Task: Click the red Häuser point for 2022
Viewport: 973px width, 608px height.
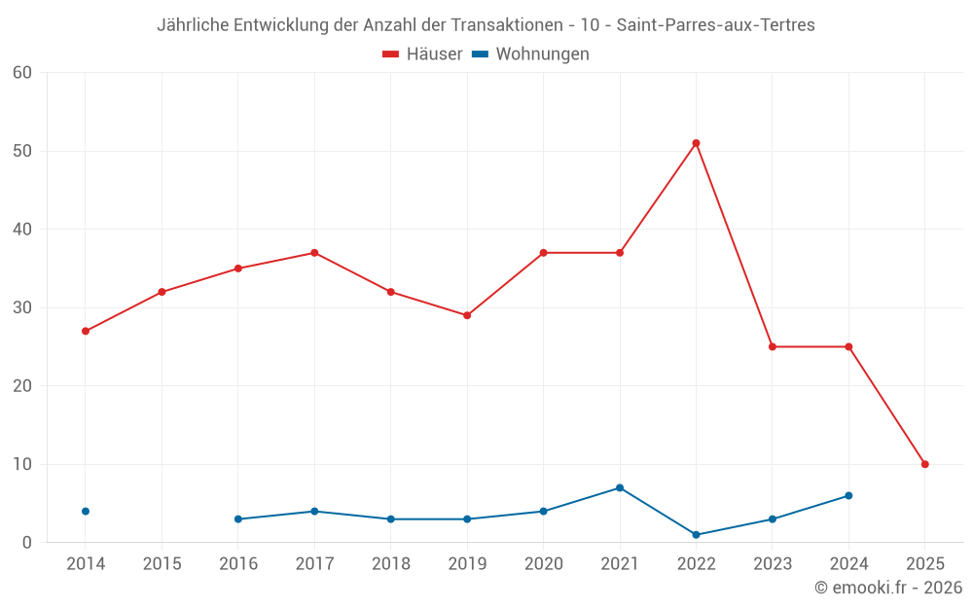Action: point(696,143)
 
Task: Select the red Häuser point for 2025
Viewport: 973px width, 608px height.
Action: point(924,464)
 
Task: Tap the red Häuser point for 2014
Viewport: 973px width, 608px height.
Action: point(86,331)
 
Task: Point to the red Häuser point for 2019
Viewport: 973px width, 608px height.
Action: point(467,315)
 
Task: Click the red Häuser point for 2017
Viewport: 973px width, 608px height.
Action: point(314,253)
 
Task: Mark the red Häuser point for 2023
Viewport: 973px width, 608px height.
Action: point(773,346)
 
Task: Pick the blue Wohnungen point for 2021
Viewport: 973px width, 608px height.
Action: point(620,487)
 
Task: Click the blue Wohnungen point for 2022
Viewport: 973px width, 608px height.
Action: point(696,534)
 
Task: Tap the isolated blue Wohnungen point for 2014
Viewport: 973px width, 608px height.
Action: point(86,511)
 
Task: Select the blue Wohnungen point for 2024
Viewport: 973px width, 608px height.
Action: point(848,495)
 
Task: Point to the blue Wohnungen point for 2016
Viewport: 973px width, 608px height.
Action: point(238,519)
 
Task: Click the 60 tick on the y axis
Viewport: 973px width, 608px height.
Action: point(22,72)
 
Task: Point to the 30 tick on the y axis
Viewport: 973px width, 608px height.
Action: point(22,307)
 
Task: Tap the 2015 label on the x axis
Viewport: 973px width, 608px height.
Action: point(162,564)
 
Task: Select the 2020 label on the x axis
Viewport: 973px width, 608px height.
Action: point(543,564)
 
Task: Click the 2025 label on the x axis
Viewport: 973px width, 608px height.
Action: point(924,564)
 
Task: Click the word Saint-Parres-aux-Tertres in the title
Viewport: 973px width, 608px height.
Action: point(715,25)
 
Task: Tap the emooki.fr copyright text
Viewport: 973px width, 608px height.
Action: point(888,588)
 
